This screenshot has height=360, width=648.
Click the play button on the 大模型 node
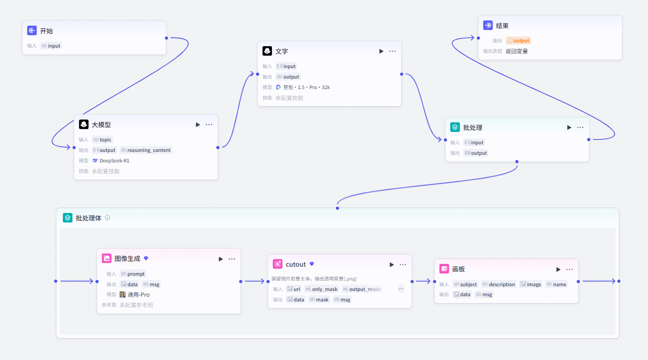coord(198,125)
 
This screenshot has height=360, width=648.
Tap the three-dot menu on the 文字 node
coord(392,51)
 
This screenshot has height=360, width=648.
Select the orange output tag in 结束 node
coord(518,40)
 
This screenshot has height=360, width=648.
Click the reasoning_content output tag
coord(146,150)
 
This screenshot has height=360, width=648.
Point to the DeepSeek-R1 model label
coord(111,160)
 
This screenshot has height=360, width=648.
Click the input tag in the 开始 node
coord(51,46)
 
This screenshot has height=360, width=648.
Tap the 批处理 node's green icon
coord(455,127)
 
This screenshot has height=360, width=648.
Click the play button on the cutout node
coord(392,265)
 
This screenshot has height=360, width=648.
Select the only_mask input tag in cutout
coord(322,289)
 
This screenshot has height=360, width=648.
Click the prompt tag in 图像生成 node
coord(133,273)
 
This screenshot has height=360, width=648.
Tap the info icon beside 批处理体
coord(107,218)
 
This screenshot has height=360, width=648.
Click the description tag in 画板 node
coord(499,284)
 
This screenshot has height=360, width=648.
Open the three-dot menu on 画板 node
coord(569,270)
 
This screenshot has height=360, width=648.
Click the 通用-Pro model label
coord(135,295)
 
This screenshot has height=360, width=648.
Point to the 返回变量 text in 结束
coord(516,51)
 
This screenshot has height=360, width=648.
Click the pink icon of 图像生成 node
coord(106,258)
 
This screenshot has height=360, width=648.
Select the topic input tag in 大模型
coord(102,140)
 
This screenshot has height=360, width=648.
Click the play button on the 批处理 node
coord(569,128)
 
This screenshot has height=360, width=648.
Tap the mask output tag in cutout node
coord(319,299)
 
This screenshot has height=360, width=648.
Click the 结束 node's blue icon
coord(488,25)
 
